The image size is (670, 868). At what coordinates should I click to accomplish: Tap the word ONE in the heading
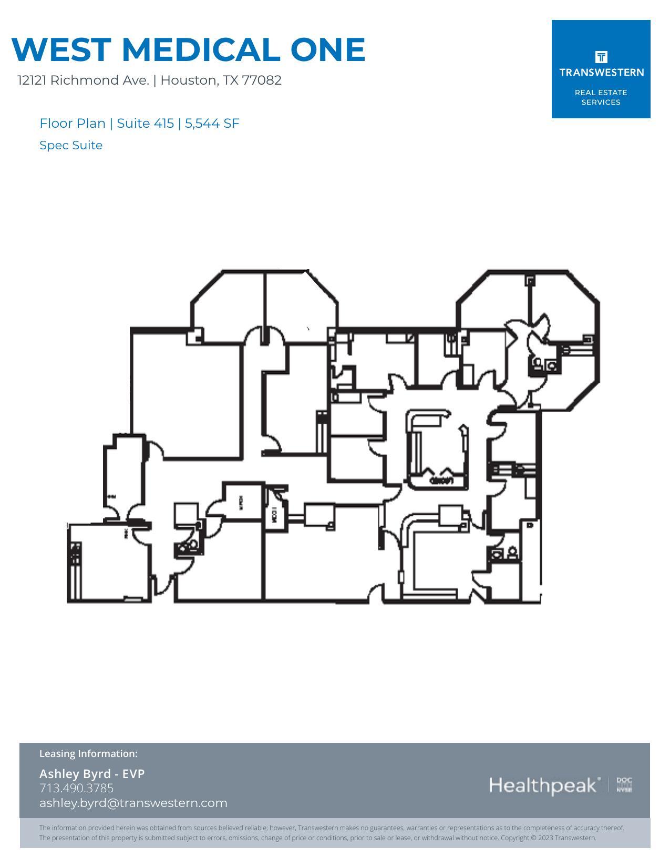click(327, 49)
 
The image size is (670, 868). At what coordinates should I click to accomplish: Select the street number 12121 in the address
click(32, 80)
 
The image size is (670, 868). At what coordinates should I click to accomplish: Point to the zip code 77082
click(262, 80)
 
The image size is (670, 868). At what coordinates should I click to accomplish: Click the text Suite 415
click(145, 124)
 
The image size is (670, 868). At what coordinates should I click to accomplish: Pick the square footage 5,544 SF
click(212, 124)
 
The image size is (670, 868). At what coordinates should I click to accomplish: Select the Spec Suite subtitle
click(71, 146)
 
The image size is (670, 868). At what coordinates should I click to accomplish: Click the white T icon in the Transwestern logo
click(601, 57)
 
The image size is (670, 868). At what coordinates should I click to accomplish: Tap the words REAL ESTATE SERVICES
click(601, 97)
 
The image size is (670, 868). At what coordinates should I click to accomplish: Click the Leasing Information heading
click(88, 753)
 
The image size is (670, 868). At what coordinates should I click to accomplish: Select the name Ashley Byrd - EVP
click(92, 773)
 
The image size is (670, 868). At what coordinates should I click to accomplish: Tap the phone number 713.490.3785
click(76, 788)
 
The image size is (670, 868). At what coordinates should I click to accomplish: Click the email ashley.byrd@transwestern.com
click(133, 803)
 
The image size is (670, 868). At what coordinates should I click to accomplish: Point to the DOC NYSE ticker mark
click(624, 785)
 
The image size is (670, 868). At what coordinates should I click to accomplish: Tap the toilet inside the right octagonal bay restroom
click(551, 366)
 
